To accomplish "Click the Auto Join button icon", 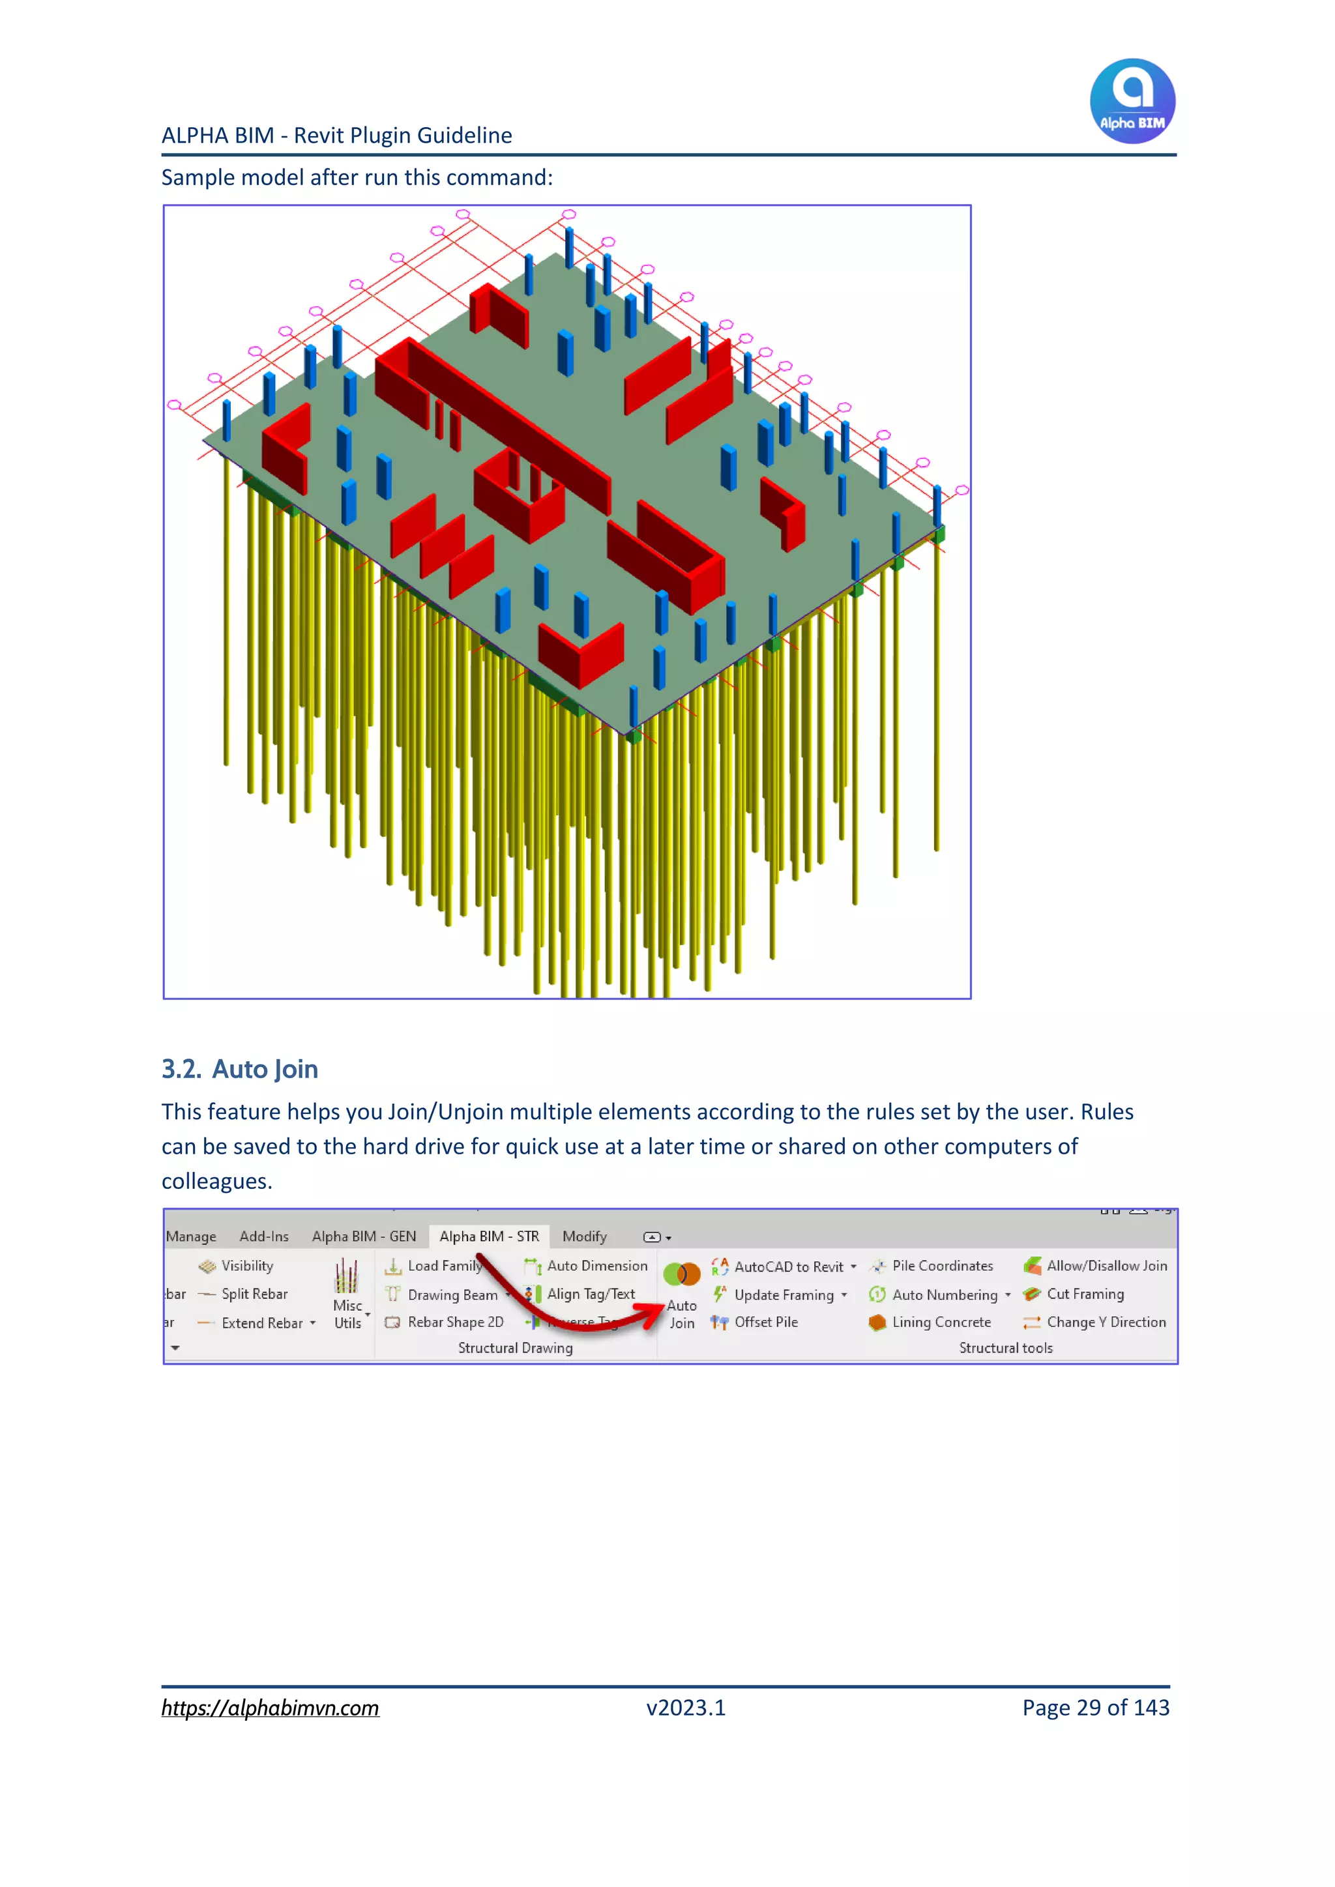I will tap(681, 1275).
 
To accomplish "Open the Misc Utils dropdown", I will tap(347, 1314).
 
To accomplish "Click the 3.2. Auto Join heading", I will tap(240, 1068).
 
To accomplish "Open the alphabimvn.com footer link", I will tap(270, 1708).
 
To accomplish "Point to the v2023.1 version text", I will tap(686, 1708).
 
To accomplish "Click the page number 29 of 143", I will tap(1095, 1708).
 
